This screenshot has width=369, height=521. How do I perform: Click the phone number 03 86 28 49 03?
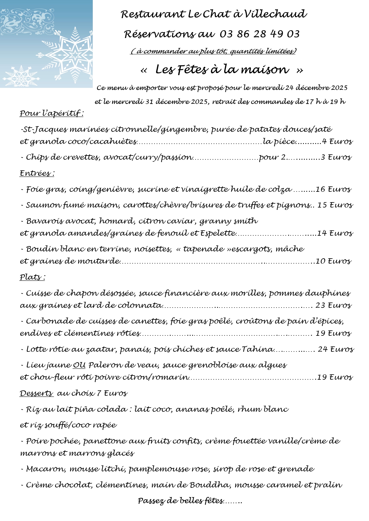click(x=259, y=34)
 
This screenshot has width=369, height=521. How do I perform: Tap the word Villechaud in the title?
click(x=275, y=14)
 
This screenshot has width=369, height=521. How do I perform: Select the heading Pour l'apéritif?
click(x=51, y=113)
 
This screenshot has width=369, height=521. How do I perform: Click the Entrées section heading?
click(x=37, y=173)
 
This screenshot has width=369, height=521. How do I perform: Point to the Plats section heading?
click(x=32, y=277)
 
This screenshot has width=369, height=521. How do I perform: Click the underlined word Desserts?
click(x=36, y=393)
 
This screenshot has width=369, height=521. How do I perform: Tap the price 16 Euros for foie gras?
click(x=333, y=189)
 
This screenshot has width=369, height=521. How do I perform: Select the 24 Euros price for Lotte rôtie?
click(x=336, y=349)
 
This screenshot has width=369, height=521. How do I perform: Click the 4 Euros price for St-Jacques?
click(x=337, y=141)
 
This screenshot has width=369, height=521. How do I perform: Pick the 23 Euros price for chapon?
click(x=333, y=305)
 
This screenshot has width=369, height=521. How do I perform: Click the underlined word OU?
click(x=79, y=365)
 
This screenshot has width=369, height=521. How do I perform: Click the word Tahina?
click(x=257, y=349)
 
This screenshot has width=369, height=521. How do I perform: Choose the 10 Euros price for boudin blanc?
click(x=333, y=261)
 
